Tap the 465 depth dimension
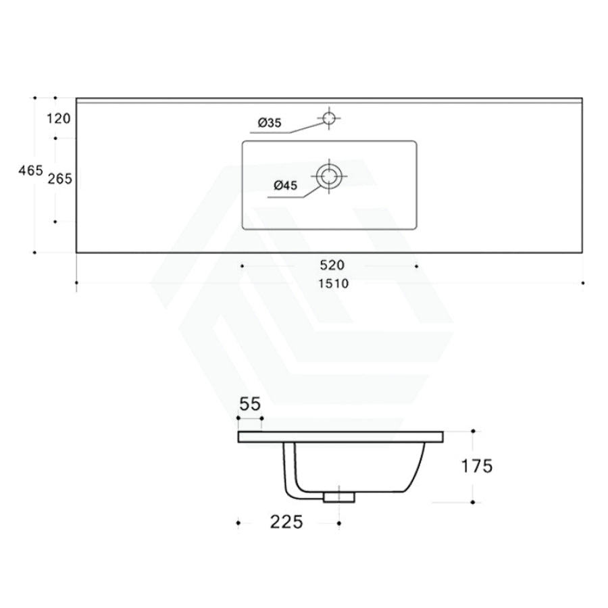pos(31,172)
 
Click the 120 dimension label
pos(59,120)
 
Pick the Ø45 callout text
pos(286,186)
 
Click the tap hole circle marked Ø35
pos(329,118)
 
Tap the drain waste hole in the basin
pos(329,177)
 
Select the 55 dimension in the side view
pos(249,405)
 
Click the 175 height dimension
pos(476,465)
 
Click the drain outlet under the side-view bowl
pos(339,498)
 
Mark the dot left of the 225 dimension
pos(238,522)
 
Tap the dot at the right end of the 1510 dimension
pos(583,283)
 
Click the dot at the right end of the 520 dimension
pos(416,266)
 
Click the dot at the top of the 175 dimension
pos(473,430)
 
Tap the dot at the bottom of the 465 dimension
pos(34,253)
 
